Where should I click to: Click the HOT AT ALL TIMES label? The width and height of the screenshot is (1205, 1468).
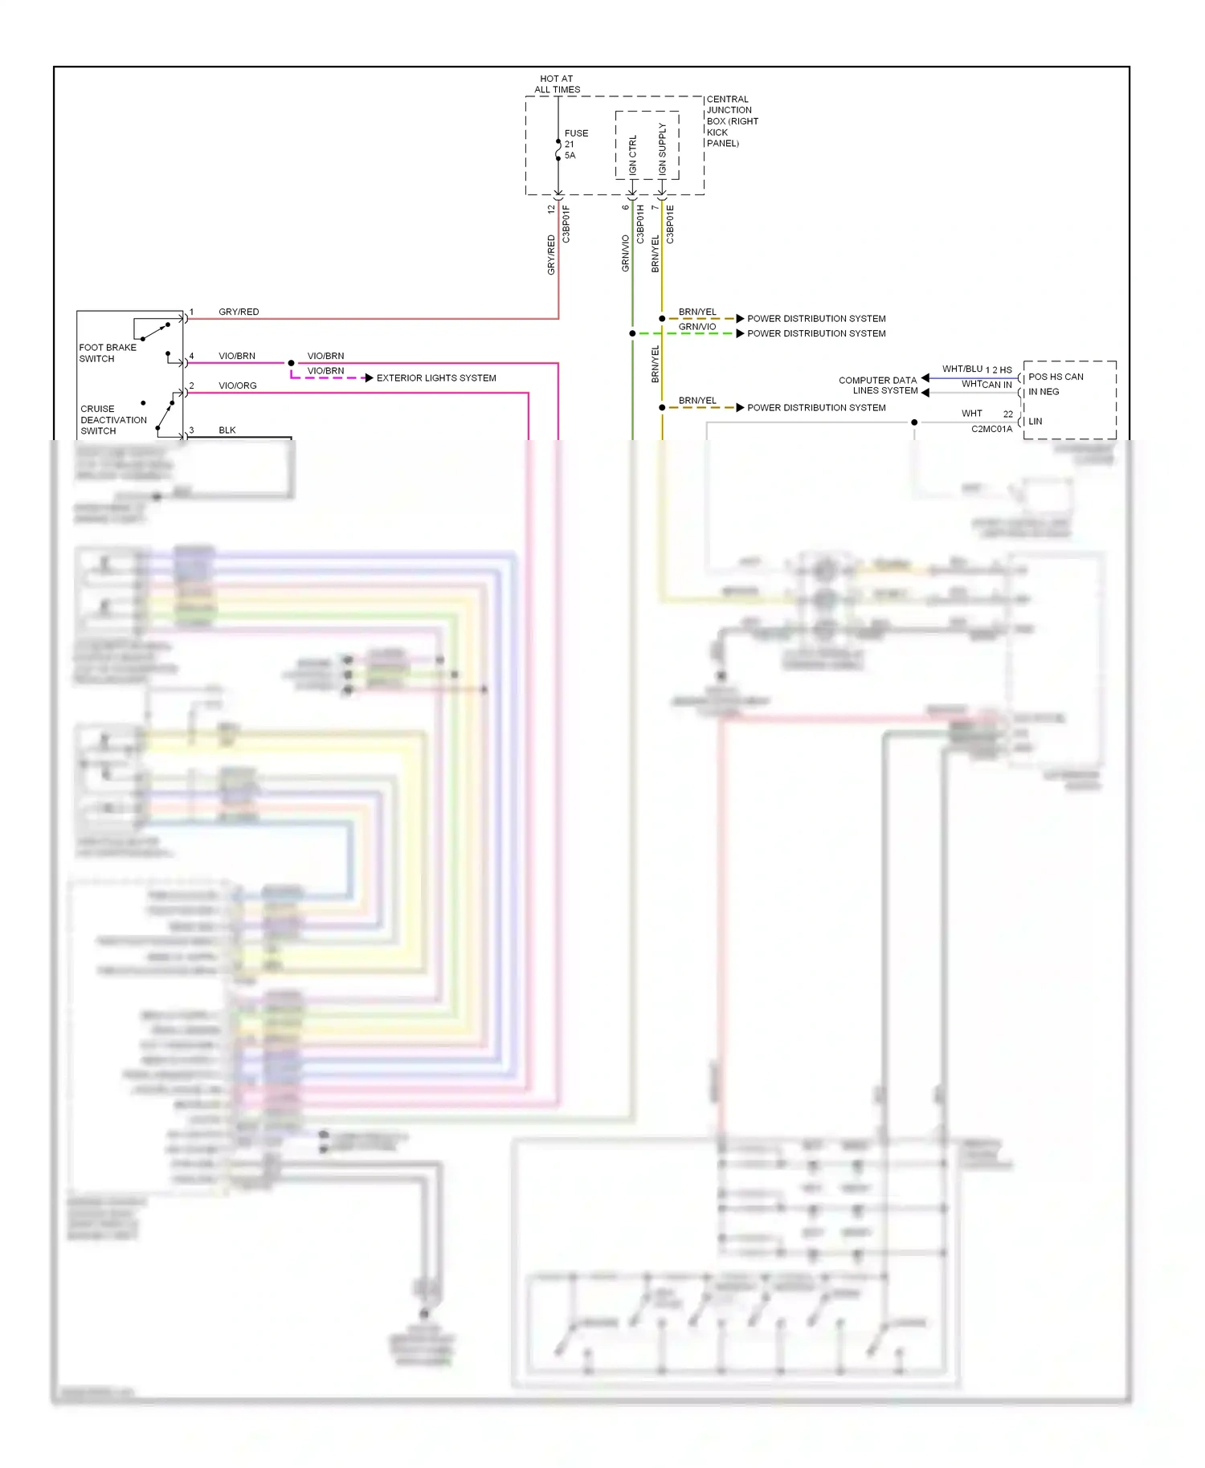[x=557, y=84]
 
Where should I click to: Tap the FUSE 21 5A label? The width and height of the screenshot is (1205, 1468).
[x=575, y=145]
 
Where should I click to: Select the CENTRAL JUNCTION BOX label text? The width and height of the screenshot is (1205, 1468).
[x=731, y=121]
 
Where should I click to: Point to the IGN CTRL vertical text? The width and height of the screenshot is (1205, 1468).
[x=633, y=155]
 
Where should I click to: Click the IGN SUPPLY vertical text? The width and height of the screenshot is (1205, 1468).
[x=662, y=149]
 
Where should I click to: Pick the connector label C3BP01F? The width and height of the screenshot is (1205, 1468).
[x=566, y=224]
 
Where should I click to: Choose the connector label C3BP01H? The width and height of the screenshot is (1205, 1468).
[x=640, y=224]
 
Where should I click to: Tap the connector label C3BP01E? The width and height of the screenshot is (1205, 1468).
[x=670, y=224]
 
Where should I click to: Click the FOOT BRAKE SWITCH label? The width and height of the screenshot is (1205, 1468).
[x=107, y=353]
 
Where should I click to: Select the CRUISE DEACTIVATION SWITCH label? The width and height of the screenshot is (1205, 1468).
[x=113, y=420]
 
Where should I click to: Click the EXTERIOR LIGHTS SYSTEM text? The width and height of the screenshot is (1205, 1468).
[x=436, y=378]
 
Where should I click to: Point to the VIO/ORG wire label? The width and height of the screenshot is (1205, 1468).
[x=238, y=385]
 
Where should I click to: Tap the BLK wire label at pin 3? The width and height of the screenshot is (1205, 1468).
[x=227, y=430]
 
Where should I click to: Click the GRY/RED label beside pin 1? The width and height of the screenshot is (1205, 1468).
[x=239, y=312]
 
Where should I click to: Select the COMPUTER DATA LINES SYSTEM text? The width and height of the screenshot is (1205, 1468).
[x=877, y=385]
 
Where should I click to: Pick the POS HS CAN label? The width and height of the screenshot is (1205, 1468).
[x=1056, y=377]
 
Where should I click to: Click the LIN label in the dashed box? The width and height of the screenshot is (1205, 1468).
[x=1035, y=422]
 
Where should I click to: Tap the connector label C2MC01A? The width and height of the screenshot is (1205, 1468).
[x=991, y=429]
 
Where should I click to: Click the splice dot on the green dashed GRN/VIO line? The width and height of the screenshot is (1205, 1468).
[x=633, y=333]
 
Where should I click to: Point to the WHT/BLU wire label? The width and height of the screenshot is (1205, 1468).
[x=962, y=369]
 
